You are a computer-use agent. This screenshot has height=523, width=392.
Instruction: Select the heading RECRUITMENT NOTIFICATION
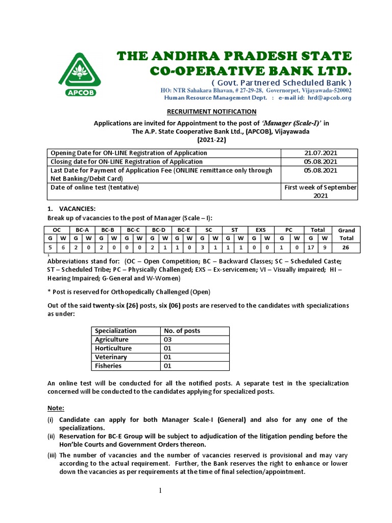pyautogui.click(x=212, y=112)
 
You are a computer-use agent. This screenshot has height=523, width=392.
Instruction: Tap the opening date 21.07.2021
pyautogui.click(x=320, y=153)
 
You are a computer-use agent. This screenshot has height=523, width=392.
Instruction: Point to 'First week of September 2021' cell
pyautogui.click(x=320, y=192)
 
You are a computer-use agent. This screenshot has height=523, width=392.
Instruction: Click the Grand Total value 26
pyautogui.click(x=346, y=247)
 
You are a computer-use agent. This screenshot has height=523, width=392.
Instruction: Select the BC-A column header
pyautogui.click(x=82, y=230)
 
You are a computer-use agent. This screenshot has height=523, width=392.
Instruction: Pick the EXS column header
pyautogui.click(x=261, y=230)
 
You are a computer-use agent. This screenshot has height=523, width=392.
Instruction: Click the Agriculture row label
pyautogui.click(x=112, y=340)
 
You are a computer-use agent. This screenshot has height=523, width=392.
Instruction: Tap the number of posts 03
pyautogui.click(x=168, y=340)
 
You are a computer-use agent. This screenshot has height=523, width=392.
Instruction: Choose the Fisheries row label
pyautogui.click(x=108, y=366)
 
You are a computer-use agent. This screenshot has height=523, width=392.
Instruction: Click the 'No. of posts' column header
pyautogui.click(x=182, y=331)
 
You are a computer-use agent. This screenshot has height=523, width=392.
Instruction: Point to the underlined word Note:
pyautogui.click(x=56, y=408)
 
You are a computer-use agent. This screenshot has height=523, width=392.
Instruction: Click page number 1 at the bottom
pyautogui.click(x=160, y=491)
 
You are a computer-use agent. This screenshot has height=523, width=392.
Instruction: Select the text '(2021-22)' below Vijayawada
pyautogui.click(x=212, y=139)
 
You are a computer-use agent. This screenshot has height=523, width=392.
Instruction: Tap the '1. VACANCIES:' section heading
pyautogui.click(x=71, y=209)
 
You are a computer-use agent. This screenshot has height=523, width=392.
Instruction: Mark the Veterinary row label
pyautogui.click(x=111, y=357)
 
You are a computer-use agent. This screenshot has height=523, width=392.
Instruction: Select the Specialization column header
pyautogui.click(x=116, y=331)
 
